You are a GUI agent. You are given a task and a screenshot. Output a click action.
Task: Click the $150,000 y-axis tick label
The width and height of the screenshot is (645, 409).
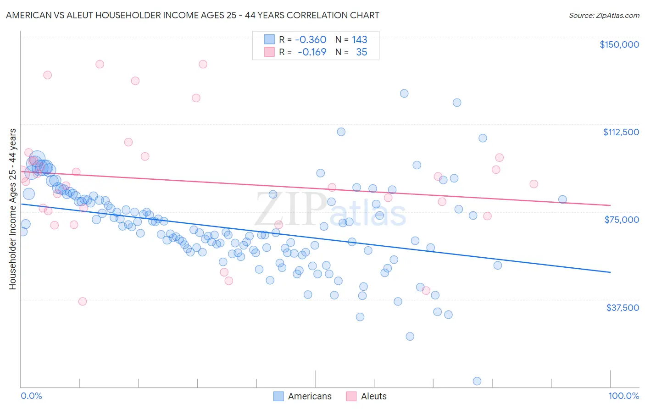tap(619, 44)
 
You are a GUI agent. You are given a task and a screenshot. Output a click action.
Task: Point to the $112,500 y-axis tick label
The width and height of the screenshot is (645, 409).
tap(621, 132)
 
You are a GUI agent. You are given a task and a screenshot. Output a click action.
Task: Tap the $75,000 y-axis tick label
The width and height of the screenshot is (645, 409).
tap(622, 220)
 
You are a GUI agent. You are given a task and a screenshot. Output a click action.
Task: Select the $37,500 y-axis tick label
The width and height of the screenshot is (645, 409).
tap(622, 308)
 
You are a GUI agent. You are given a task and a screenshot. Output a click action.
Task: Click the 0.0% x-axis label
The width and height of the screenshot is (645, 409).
tap(31, 396)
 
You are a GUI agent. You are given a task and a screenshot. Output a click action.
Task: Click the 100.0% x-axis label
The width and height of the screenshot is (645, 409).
tap(623, 396)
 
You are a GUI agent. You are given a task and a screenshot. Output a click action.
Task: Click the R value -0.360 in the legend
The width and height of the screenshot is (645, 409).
tap(311, 39)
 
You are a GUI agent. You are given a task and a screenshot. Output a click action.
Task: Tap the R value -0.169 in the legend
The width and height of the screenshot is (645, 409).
tap(311, 52)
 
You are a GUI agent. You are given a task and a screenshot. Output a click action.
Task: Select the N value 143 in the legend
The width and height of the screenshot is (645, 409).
tap(360, 39)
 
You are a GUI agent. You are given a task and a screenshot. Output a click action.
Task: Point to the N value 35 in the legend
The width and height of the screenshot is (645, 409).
tap(361, 52)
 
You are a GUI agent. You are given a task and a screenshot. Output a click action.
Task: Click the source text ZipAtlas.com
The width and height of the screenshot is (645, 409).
tap(604, 15)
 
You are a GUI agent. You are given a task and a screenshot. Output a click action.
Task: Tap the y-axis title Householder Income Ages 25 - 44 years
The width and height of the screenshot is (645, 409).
tap(12, 209)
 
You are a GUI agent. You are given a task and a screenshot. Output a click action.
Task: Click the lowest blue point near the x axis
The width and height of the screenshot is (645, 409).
tap(477, 381)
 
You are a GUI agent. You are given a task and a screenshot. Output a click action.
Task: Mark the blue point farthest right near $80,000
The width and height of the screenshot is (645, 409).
tap(562, 199)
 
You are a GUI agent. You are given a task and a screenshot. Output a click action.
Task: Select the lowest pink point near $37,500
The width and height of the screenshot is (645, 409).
tap(83, 301)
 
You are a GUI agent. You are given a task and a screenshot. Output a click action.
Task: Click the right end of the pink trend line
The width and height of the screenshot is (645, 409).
tap(610, 205)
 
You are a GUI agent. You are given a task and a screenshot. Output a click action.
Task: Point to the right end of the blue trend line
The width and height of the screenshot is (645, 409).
tap(610, 272)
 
